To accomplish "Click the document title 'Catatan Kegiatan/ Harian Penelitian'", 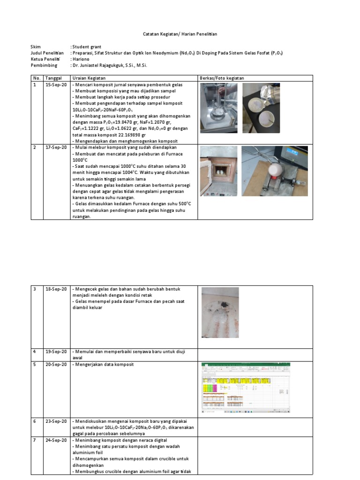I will coord(180,34).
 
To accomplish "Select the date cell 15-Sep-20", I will coord(56,84).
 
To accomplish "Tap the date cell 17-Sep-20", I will coord(56,148).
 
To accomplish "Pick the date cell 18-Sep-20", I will coord(56,289).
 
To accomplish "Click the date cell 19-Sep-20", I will coord(56,352).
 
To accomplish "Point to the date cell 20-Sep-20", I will coord(56,365).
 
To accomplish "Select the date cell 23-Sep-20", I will coord(56,421).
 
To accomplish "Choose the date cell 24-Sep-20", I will coord(56,440).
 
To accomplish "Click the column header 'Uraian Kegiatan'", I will coord(89,78).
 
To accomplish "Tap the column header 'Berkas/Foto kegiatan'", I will coord(222,78).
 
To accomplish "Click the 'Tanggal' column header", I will coord(53,78).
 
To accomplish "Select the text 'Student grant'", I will coord(86,47).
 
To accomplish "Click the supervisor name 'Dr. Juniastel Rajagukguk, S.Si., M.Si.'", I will coord(110,66).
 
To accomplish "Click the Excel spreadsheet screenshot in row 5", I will coord(246,388).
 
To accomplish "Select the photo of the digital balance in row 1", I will coord(218,108).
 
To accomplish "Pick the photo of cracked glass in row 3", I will coord(220,312).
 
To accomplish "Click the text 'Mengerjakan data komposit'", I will coord(102,365).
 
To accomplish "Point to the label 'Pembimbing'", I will coord(44,66).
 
